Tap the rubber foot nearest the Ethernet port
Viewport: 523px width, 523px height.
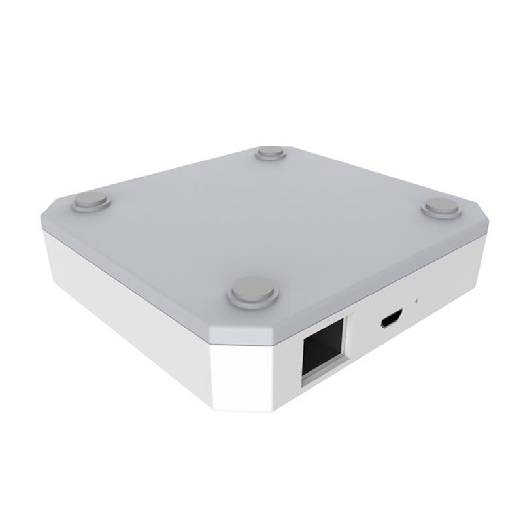253,292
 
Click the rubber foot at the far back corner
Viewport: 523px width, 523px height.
270,152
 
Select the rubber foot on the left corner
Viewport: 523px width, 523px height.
90,201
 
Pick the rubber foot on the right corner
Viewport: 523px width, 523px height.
441,208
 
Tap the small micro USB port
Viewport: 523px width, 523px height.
391,320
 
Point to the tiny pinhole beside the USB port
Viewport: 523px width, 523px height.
416,301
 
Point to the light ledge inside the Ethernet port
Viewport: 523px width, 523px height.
322,370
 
